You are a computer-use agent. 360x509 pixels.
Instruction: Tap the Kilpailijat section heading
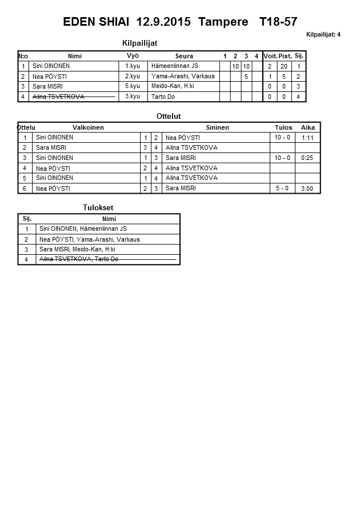[x=140, y=43]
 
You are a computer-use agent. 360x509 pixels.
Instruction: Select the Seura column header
[x=184, y=56]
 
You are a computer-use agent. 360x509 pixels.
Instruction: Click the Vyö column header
[x=132, y=55]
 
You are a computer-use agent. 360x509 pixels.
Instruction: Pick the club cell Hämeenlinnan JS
[x=175, y=66]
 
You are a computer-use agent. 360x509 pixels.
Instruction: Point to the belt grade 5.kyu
[x=132, y=86]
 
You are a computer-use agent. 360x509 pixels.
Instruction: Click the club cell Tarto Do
[x=163, y=97]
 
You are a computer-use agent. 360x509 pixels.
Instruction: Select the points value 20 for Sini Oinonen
[x=285, y=67]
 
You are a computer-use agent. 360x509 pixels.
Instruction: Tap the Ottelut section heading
[x=169, y=117]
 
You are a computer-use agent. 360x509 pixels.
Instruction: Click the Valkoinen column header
[x=89, y=127]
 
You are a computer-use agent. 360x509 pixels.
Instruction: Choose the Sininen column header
[x=217, y=127]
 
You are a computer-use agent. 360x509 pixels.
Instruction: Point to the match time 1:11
[x=307, y=138]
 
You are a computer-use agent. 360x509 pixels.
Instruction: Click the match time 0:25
[x=307, y=158]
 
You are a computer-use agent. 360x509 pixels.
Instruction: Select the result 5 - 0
[x=282, y=188]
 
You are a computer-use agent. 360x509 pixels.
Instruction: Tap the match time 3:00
[x=307, y=189]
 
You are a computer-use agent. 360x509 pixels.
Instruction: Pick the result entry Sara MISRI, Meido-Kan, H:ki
[x=77, y=250]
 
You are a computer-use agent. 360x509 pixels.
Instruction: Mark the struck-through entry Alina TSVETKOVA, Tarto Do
[x=79, y=259]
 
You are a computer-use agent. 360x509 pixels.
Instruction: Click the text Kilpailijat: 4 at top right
[x=323, y=35]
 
